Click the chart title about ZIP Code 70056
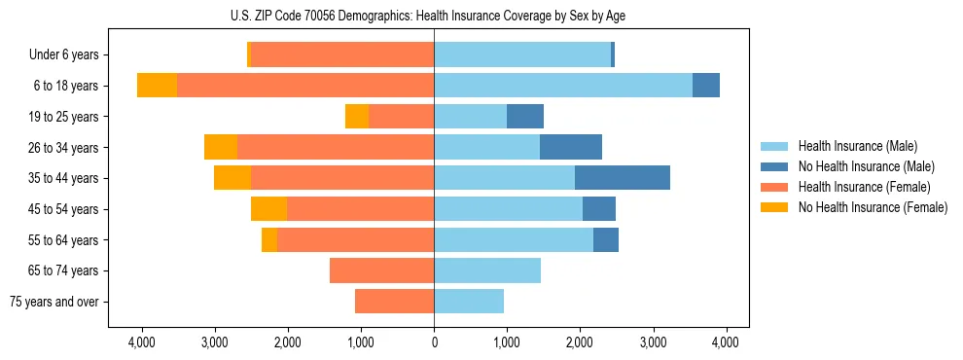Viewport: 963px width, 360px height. click(434, 15)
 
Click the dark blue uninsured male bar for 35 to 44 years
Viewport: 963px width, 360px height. click(622, 178)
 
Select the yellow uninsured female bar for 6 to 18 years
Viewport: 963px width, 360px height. click(157, 86)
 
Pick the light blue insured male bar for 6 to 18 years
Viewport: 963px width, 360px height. click(563, 86)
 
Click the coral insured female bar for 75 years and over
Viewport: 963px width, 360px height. click(394, 302)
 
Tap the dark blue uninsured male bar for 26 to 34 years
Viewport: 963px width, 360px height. click(570, 147)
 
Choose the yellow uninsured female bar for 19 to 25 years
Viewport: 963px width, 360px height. click(357, 117)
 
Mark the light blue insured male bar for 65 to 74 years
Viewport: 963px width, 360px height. click(486, 270)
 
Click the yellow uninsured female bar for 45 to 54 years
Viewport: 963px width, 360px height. click(268, 209)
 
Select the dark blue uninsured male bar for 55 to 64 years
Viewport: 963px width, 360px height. click(605, 239)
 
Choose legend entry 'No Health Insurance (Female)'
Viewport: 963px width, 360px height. click(873, 207)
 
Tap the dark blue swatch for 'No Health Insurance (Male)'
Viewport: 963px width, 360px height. click(774, 166)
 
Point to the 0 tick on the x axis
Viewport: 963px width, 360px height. click(434, 342)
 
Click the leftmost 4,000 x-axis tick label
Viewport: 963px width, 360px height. click(142, 342)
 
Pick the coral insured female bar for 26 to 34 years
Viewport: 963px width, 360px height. click(335, 147)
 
